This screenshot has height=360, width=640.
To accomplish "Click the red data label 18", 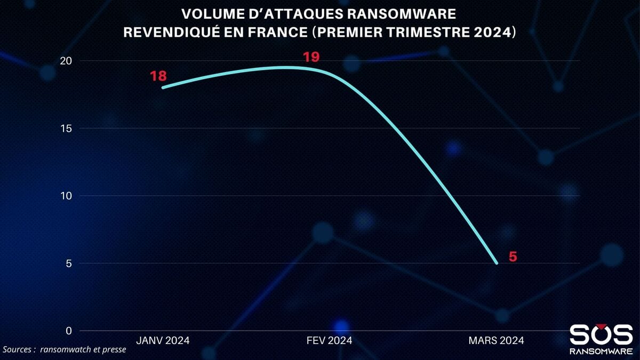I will [x=158, y=76].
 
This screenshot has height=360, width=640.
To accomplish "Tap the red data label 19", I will [x=311, y=57].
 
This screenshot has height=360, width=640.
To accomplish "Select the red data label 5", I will [x=513, y=257].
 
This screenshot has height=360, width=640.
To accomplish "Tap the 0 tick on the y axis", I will [x=68, y=331].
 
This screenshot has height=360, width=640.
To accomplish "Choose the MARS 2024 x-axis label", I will [x=496, y=340].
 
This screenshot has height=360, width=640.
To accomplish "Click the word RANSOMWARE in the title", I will [x=406, y=13].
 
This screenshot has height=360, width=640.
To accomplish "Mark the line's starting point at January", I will [x=162, y=87].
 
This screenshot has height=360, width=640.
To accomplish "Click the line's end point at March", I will [x=497, y=263].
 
